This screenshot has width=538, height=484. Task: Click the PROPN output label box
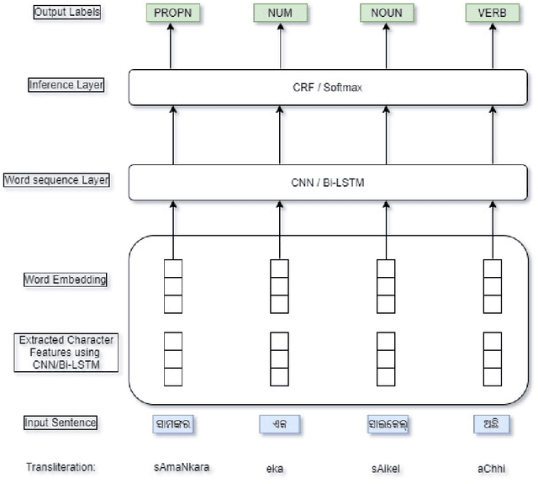(171, 13)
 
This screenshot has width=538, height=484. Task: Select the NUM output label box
(278, 13)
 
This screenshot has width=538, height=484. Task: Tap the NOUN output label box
(386, 13)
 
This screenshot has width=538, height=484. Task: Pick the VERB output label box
(493, 13)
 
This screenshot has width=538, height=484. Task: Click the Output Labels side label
(66, 13)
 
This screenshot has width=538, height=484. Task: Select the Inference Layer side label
(66, 85)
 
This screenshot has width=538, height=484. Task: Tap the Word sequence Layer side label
(58, 179)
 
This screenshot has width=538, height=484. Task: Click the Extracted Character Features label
(66, 353)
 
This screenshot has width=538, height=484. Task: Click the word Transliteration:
(61, 466)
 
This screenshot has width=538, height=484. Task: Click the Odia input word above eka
(278, 423)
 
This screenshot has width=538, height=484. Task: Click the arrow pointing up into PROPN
(171, 47)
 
